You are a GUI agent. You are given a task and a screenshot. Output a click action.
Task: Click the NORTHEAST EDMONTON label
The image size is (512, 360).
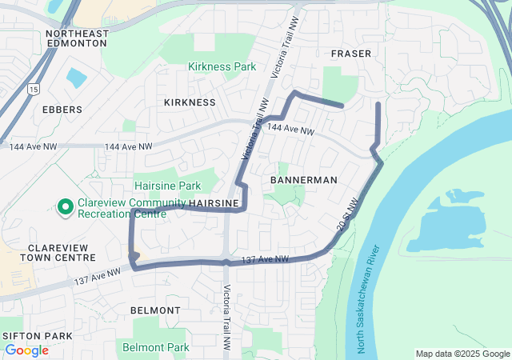76,38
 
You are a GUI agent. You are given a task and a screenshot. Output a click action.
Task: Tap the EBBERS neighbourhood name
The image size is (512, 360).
62,110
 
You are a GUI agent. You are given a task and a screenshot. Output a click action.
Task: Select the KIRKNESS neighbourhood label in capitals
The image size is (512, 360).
190,102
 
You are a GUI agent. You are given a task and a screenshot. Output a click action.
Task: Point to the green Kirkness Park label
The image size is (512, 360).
222,66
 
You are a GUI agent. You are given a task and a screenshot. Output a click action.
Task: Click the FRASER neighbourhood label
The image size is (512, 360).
351,54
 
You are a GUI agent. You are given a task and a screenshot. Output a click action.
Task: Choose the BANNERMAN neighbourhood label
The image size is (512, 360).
304,180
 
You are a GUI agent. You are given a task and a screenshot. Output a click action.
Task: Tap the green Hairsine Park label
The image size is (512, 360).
167,186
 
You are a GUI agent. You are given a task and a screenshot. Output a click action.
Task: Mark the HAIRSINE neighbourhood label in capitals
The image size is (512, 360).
214,205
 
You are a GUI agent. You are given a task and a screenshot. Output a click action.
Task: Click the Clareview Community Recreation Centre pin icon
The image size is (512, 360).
65,208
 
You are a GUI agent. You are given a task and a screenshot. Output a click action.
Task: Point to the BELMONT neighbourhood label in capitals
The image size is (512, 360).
154,310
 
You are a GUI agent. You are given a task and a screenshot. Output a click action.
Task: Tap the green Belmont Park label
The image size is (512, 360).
156,347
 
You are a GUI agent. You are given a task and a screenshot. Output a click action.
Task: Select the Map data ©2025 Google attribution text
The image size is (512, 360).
462,354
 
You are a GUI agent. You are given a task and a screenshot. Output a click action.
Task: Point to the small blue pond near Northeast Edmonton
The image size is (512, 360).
77,78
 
